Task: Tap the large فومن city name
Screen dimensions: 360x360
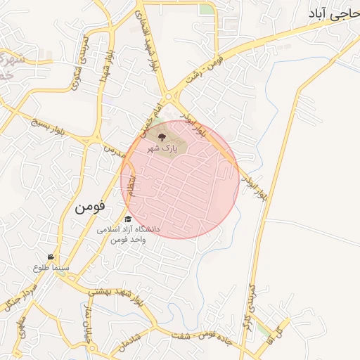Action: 89,207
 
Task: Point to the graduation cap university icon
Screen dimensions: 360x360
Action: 127,220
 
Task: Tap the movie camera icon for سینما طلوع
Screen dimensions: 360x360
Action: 51,257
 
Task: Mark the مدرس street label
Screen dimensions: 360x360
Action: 115,151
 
